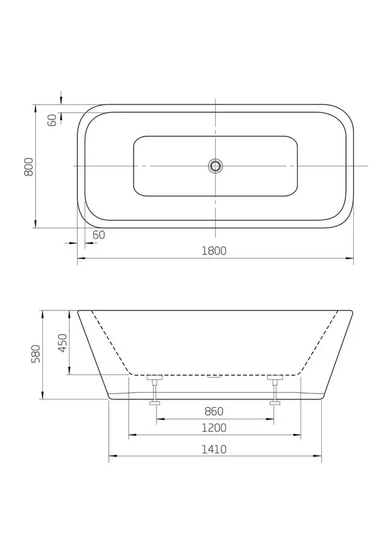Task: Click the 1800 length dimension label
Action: (214, 251)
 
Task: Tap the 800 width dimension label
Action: (28, 167)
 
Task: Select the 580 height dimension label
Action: (36, 354)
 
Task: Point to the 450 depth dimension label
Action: (63, 343)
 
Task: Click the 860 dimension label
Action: (214, 411)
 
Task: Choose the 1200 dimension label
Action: (214, 428)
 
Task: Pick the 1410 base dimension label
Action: (214, 449)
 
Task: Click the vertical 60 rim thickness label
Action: (52, 121)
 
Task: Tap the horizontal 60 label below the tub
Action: (98, 235)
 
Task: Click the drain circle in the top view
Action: (215, 165)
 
